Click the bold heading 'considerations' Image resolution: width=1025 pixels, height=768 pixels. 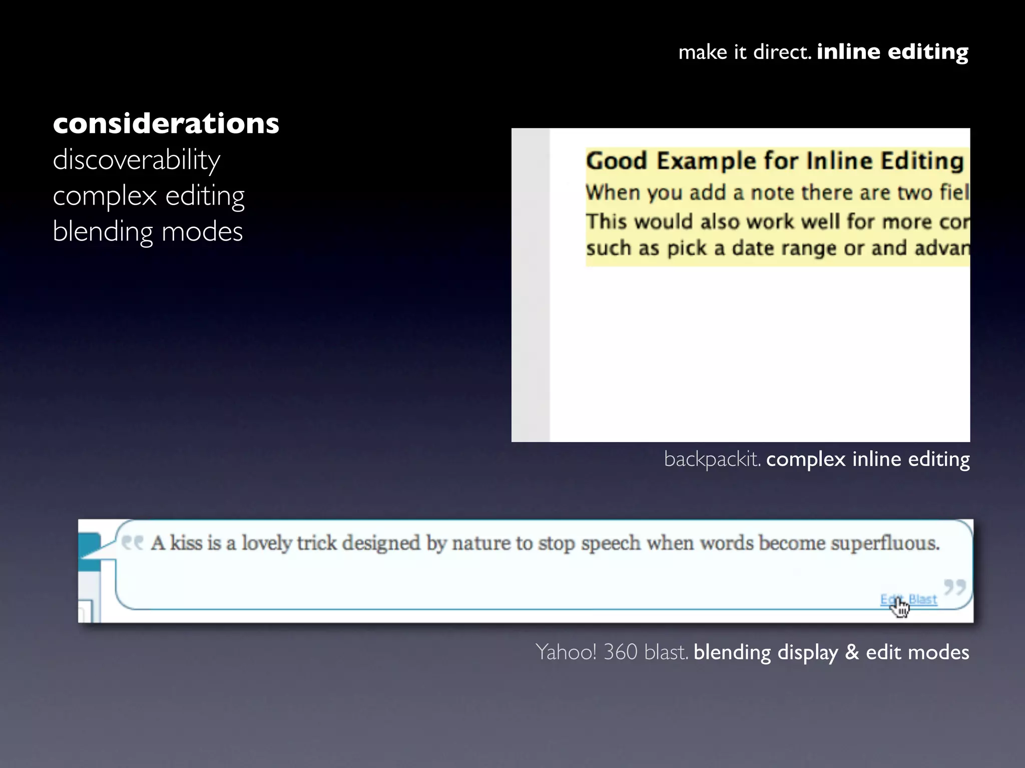166,123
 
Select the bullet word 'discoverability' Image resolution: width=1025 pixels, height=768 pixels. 136,160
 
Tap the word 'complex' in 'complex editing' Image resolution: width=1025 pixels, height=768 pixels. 105,196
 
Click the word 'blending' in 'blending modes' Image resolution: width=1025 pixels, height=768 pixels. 103,231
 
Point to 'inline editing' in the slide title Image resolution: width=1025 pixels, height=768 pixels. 892,51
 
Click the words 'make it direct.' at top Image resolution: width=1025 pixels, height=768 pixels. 744,52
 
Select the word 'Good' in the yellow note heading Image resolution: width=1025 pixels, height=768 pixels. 617,161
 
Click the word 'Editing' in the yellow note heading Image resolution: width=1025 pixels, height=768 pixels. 922,161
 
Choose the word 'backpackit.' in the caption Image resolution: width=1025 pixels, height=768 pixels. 712,459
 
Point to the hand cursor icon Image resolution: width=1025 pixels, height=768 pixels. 901,607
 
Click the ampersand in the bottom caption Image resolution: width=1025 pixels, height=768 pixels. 852,652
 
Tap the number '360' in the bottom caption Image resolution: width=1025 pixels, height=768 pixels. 621,652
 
